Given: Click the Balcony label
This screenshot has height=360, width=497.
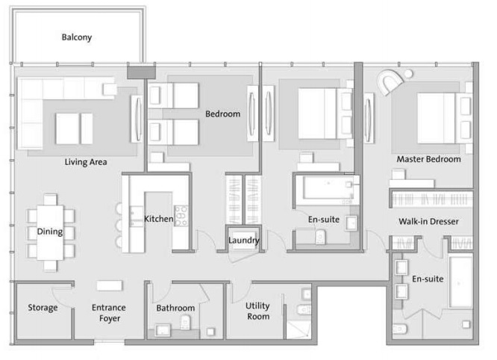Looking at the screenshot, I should (x=77, y=37).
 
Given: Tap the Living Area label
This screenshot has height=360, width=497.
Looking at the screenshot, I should (x=87, y=161).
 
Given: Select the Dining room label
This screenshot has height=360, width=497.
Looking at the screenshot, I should (x=50, y=232).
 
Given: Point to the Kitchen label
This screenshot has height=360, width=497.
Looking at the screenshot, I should (x=158, y=219).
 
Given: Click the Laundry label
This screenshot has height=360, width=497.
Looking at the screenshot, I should (x=244, y=240).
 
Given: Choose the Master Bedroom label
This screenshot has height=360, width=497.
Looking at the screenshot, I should (x=428, y=159).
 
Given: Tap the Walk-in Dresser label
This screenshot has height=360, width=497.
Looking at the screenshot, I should (x=428, y=222).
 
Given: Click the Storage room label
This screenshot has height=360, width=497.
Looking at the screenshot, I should (x=43, y=308).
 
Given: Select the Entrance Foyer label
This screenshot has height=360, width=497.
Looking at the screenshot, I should (x=108, y=313).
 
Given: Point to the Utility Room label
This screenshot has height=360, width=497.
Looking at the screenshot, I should (x=257, y=311).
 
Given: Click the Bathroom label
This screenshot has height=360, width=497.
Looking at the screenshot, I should (x=175, y=308).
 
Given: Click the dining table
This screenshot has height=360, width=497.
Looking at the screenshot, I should (x=50, y=232).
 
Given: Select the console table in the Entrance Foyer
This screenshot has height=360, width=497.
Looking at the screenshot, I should (x=109, y=285).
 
